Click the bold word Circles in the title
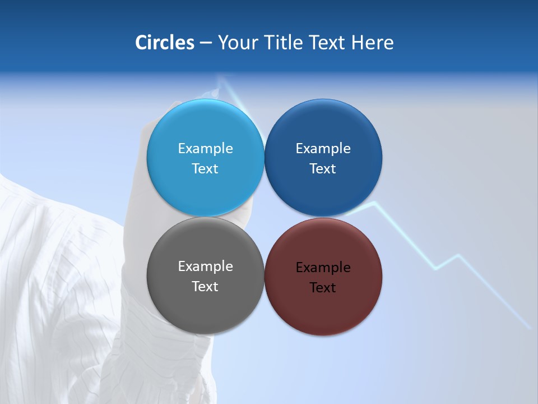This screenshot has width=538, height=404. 164,43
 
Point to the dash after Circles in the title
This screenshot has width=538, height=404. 206,43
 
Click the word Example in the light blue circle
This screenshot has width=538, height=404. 205,148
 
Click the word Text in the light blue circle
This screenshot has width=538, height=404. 205,168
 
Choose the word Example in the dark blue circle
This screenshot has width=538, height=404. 323,148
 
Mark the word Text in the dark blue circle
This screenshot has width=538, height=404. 323,168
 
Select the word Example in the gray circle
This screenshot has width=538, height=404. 205,266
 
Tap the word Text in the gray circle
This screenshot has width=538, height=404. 205,286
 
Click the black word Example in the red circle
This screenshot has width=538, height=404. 323,267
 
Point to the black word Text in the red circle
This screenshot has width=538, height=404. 323,287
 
